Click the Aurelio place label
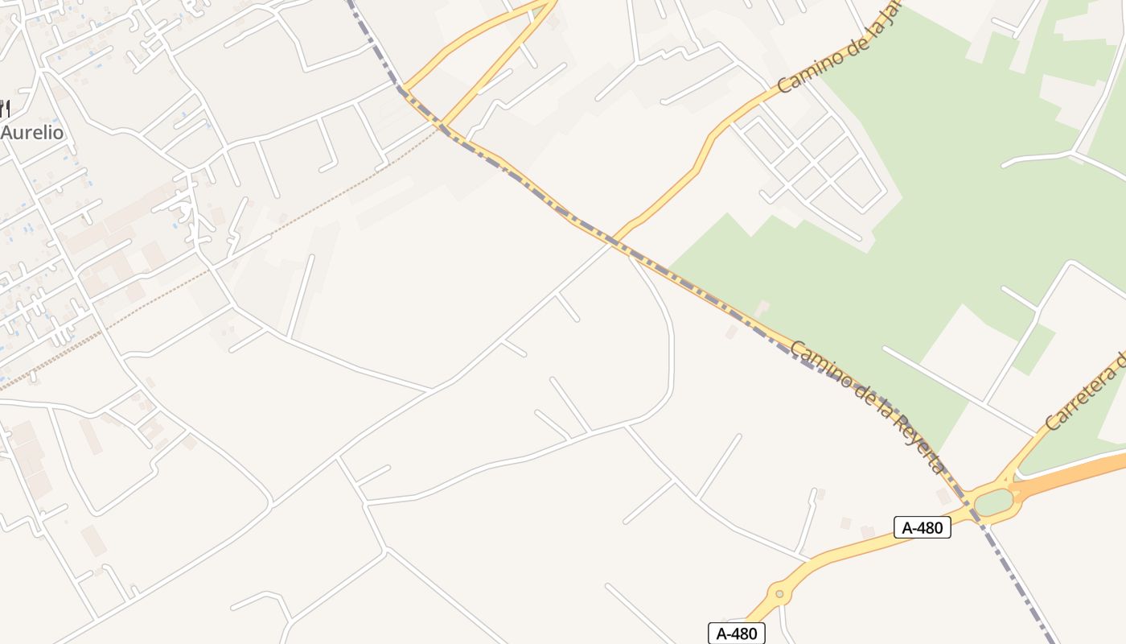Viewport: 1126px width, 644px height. (32, 133)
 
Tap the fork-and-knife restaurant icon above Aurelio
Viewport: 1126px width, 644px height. (4, 108)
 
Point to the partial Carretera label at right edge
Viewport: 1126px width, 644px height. (1086, 390)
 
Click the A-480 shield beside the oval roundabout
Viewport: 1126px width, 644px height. (922, 528)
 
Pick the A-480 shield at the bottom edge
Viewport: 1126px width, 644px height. (736, 634)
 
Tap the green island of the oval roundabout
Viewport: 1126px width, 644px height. (994, 502)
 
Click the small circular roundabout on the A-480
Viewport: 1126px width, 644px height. (779, 596)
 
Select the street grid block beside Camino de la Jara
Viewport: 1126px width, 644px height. (812, 161)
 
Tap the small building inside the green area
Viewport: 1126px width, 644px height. (761, 307)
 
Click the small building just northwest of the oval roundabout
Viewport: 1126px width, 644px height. (943, 496)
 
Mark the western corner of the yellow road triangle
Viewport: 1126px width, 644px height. (404, 86)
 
